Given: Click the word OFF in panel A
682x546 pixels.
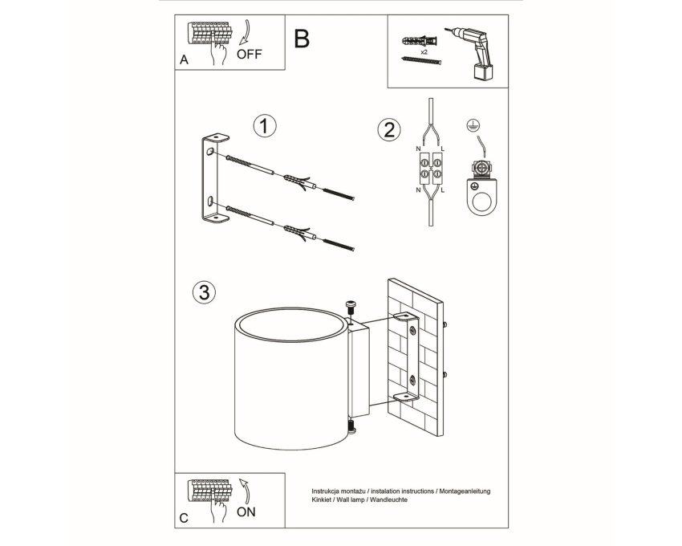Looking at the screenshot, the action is [x=250, y=55].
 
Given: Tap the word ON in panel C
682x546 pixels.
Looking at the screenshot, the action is [x=246, y=512].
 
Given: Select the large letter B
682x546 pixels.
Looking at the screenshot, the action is [x=302, y=39].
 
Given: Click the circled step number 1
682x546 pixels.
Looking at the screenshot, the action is [x=265, y=126].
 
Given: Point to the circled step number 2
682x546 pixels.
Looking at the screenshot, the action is [x=389, y=130].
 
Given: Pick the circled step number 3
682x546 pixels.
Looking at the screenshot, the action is [x=204, y=292].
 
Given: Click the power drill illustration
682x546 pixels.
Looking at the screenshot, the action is [x=472, y=53].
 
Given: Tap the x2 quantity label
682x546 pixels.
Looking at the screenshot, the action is [x=424, y=52].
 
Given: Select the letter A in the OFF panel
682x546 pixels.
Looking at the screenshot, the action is [x=184, y=60].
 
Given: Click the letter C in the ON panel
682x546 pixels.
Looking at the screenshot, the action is [x=184, y=518].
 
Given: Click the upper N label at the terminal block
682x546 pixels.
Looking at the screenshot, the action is [x=418, y=149].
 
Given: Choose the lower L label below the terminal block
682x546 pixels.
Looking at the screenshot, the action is [x=443, y=190].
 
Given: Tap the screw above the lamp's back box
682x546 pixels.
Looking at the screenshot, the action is [x=351, y=308].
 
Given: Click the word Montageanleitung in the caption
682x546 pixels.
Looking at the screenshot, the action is [x=465, y=491].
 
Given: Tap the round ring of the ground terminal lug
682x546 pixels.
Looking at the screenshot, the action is [x=482, y=202].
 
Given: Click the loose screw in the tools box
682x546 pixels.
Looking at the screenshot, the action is [x=421, y=60].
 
